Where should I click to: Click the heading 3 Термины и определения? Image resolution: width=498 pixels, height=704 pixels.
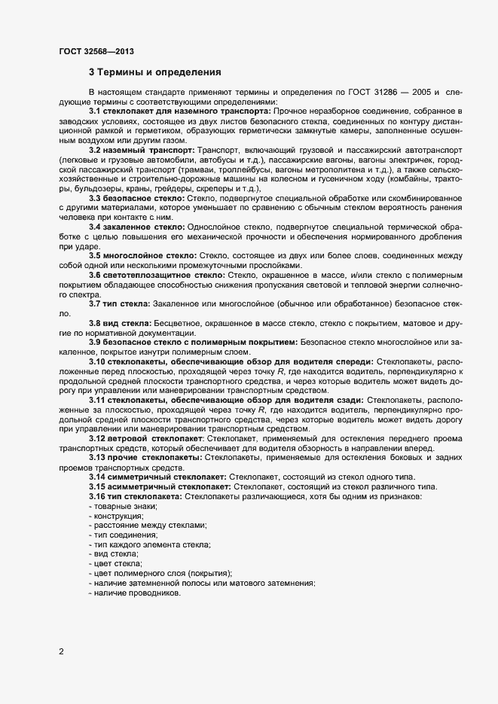[154, 73]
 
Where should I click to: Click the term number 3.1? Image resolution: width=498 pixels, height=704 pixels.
[96, 111]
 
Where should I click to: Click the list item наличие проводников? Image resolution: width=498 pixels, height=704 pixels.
[137, 593]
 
